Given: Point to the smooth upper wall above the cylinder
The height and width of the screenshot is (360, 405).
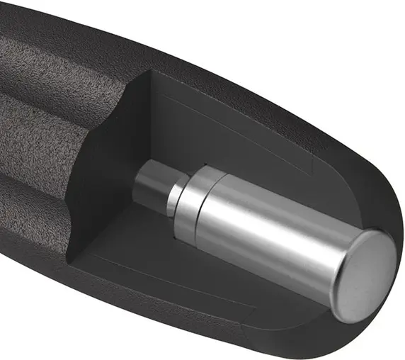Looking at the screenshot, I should [x=234, y=135].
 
